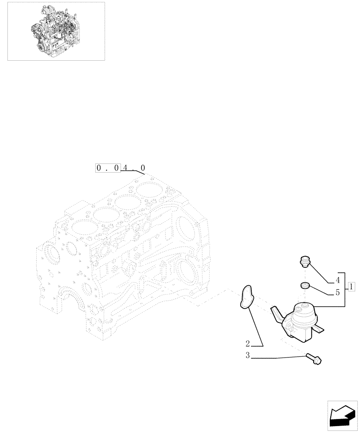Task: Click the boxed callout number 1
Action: (x=351, y=287)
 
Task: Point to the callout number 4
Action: (x=337, y=280)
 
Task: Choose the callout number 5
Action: (x=337, y=293)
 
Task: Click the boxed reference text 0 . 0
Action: (x=108, y=168)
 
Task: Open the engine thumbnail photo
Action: (x=56, y=31)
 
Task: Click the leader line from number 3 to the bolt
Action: (x=280, y=358)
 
